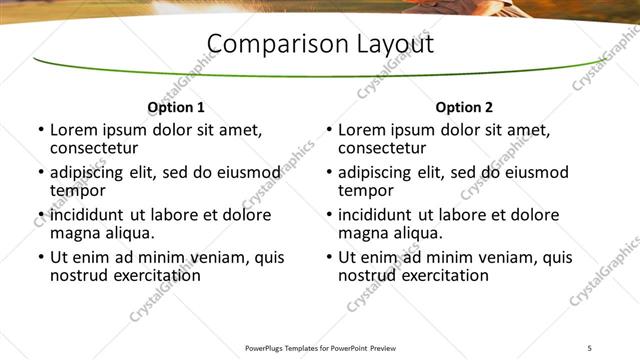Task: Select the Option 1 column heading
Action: (x=176, y=107)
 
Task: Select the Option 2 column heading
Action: (x=464, y=107)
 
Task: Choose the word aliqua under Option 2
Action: (x=418, y=233)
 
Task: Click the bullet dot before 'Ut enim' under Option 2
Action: (x=329, y=257)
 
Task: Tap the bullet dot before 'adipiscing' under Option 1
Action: (x=41, y=172)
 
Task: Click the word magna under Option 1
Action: (x=75, y=233)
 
